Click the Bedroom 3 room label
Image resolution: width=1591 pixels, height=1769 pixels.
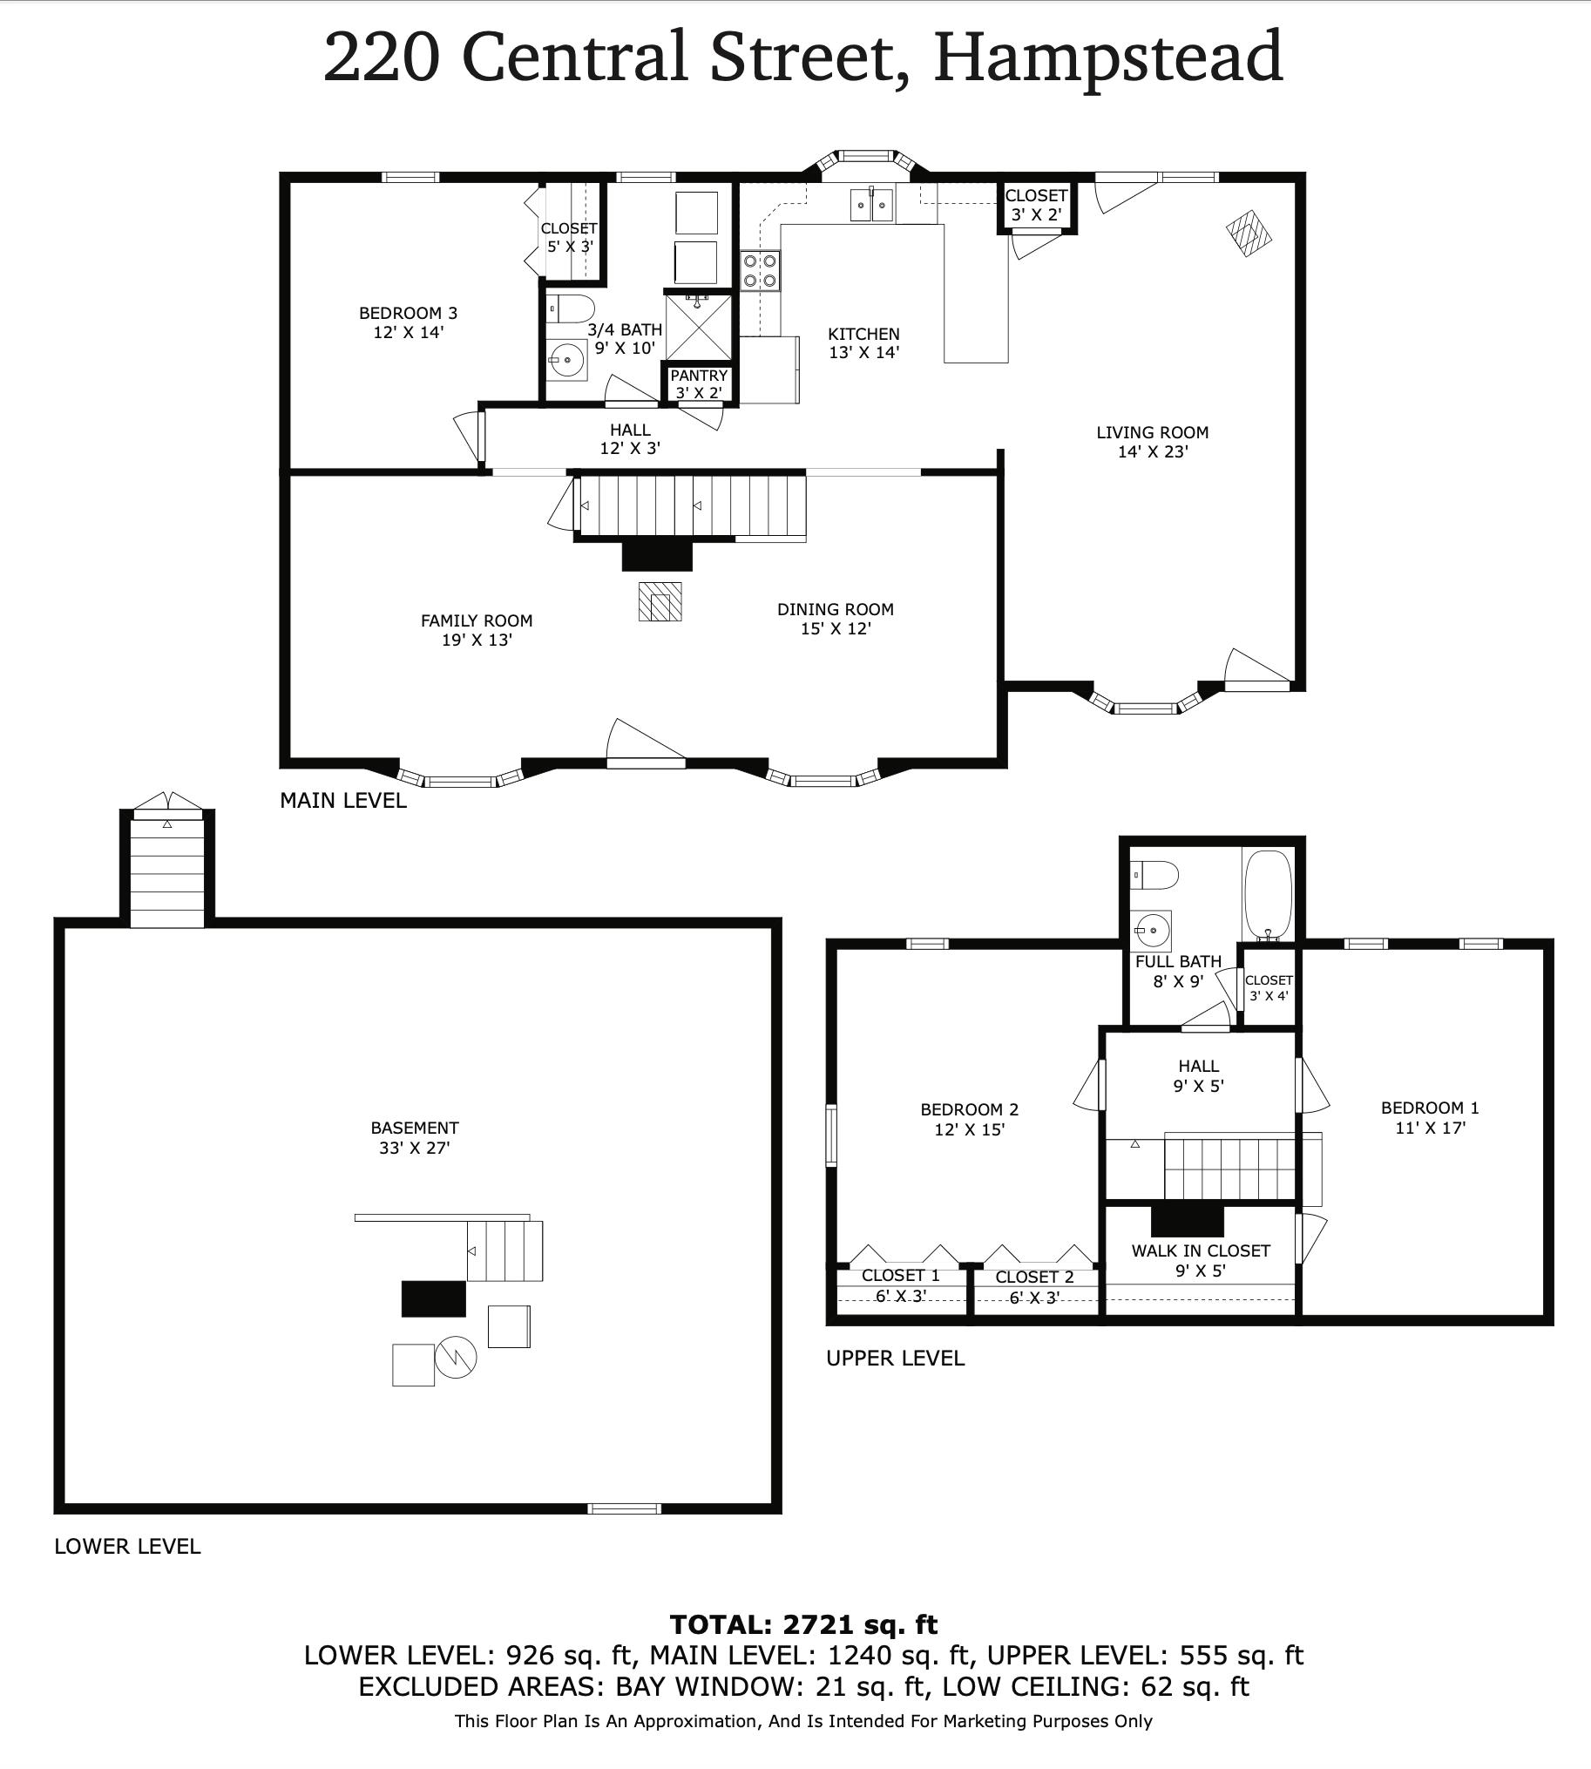click(408, 313)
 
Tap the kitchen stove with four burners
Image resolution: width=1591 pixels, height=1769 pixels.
click(761, 269)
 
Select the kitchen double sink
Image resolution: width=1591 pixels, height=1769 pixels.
click(871, 204)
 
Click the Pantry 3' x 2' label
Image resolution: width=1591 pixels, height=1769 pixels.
click(700, 384)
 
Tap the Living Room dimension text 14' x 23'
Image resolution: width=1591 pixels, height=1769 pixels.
click(1153, 452)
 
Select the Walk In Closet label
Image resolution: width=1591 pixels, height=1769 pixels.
click(1201, 1250)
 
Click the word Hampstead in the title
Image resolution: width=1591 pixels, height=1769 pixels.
click(1107, 57)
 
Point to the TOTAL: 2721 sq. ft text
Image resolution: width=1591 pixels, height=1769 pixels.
click(803, 1624)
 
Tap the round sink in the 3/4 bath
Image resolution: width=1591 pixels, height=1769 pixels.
click(566, 359)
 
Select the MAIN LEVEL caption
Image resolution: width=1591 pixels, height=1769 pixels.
click(342, 800)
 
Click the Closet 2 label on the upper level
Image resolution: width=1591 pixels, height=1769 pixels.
click(1034, 1277)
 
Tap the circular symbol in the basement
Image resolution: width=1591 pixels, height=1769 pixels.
click(456, 1357)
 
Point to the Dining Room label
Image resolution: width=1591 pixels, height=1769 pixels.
click(836, 609)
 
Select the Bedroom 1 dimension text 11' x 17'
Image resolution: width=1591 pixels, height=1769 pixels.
click(1430, 1127)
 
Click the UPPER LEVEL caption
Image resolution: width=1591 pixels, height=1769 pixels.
click(895, 1358)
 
